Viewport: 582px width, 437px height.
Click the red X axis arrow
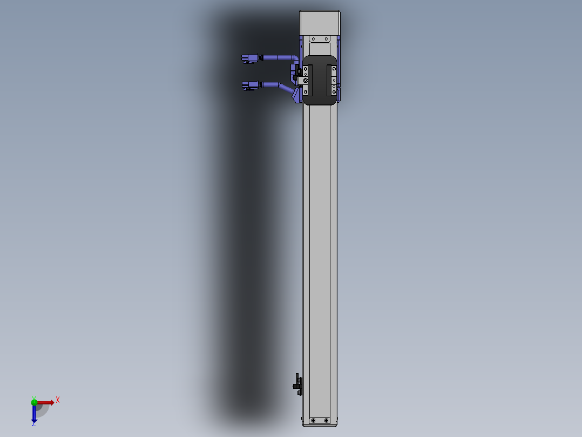(x=45, y=402)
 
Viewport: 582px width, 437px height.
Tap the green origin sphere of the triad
(x=34, y=401)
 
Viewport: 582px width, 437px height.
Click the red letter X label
(x=58, y=400)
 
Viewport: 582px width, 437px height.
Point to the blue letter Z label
(x=33, y=425)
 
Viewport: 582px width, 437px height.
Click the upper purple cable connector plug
(x=249, y=58)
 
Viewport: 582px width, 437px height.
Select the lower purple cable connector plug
(x=249, y=85)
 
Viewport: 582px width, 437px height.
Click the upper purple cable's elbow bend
(x=294, y=58)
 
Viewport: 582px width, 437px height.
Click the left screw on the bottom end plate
(x=313, y=420)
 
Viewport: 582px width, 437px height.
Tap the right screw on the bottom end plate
(x=326, y=420)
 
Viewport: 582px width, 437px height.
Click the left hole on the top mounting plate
(x=313, y=39)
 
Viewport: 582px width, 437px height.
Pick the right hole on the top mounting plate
(x=327, y=39)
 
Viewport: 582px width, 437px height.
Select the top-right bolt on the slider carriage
(x=334, y=69)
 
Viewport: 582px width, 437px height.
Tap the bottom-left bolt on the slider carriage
(x=306, y=92)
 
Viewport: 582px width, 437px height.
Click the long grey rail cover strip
(x=320, y=260)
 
